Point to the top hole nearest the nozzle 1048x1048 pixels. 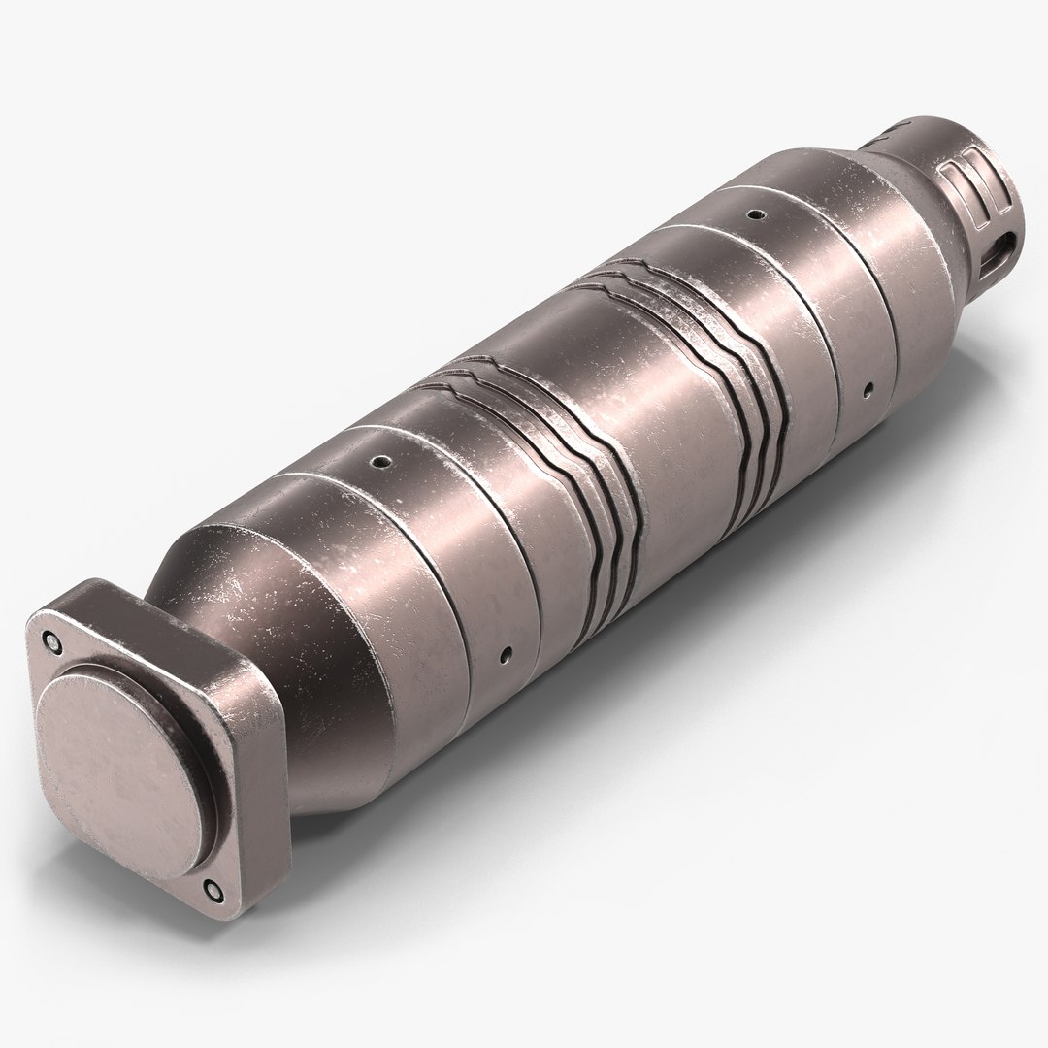[x=751, y=213]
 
